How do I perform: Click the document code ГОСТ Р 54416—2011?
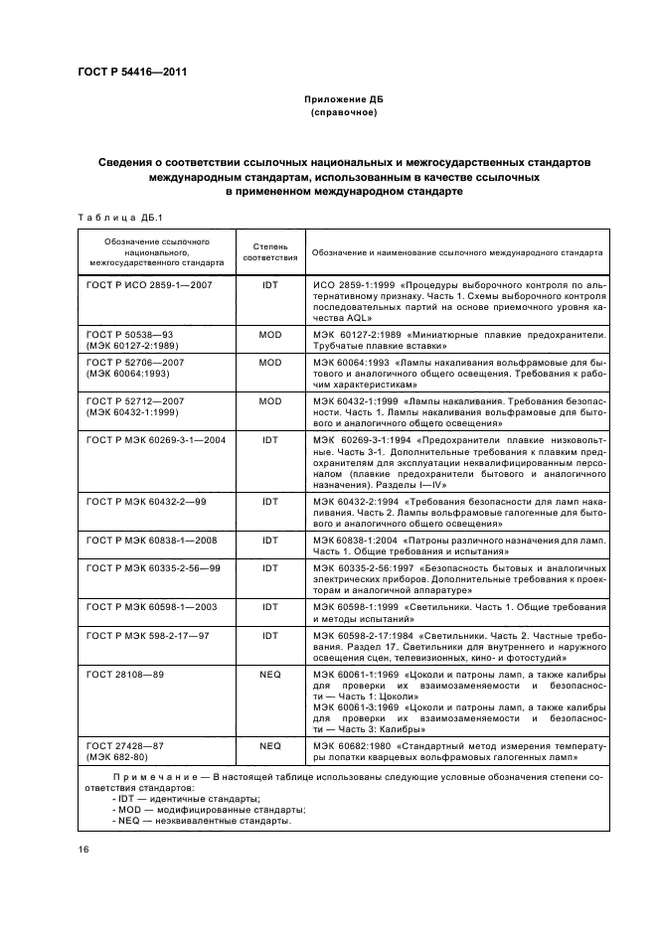(x=131, y=73)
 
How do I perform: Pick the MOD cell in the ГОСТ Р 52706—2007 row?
(x=270, y=364)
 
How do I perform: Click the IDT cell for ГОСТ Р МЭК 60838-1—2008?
(x=270, y=540)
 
